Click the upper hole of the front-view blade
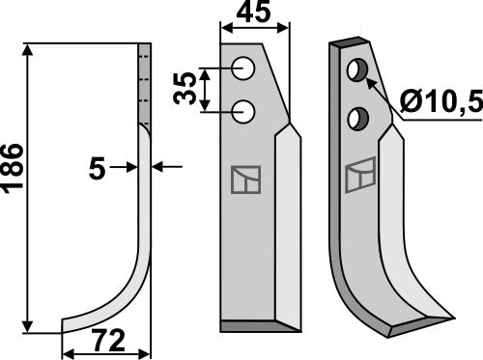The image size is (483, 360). [244, 69]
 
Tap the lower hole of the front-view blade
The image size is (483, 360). [244, 112]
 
